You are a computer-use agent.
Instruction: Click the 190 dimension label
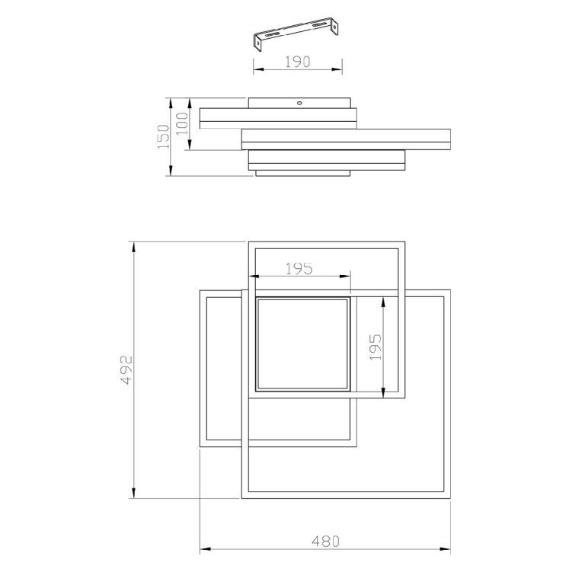coord(297,62)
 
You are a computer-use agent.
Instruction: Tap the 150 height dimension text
coord(163,137)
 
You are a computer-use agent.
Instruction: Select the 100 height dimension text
coord(183,123)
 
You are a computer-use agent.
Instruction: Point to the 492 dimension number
coord(127,369)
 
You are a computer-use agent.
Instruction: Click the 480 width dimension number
coord(326,541)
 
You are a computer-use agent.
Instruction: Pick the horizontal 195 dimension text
coord(299,269)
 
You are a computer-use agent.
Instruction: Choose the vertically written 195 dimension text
coord(376,347)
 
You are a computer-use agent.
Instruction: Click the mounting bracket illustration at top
coord(296,33)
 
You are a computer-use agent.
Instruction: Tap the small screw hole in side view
coord(299,103)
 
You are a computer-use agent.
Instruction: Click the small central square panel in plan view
coord(302,344)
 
